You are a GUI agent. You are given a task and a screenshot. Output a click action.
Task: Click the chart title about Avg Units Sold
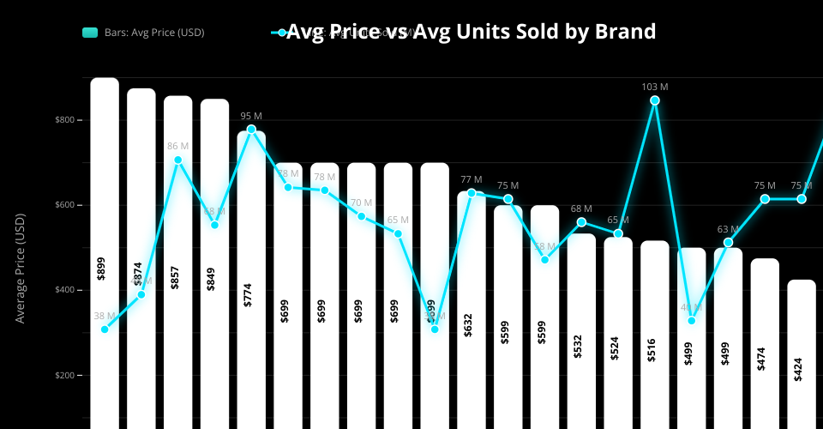[471, 32]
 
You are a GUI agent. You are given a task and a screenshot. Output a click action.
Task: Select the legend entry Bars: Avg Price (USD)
[143, 33]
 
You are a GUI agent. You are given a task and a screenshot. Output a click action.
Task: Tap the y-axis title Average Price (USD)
[21, 269]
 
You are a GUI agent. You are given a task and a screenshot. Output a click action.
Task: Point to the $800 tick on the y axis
[69, 120]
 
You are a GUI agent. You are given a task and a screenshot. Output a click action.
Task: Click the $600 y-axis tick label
[69, 205]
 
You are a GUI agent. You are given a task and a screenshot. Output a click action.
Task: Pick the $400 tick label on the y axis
[69, 290]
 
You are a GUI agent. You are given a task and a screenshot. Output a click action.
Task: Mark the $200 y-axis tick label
[69, 376]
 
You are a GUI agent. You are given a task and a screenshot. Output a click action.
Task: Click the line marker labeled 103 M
[655, 100]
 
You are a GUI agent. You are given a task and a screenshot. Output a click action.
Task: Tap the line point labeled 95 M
[251, 130]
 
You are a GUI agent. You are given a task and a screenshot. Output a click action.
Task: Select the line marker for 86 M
[178, 160]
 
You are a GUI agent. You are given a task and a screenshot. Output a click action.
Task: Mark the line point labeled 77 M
[472, 193]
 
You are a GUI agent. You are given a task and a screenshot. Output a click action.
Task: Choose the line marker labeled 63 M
[728, 243]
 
